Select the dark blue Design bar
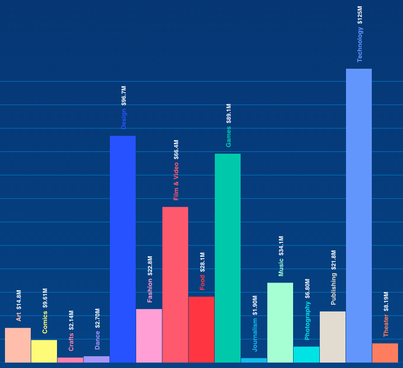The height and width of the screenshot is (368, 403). pos(123,249)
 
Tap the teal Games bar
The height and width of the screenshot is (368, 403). pos(228,258)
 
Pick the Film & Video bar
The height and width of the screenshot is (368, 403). pos(175,284)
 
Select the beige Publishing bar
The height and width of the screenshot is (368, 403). pos(332,337)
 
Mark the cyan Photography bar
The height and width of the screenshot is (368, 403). pos(306,354)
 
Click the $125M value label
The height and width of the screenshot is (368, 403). pos(360,15)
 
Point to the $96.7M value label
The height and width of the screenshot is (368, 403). pos(124,96)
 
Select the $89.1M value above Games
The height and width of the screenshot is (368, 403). pos(229,113)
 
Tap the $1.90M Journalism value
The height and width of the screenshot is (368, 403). pos(255,305)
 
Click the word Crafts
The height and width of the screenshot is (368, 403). pos(71,342)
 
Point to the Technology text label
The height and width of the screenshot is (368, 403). pos(360,44)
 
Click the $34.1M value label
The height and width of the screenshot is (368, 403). pos(281,246)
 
